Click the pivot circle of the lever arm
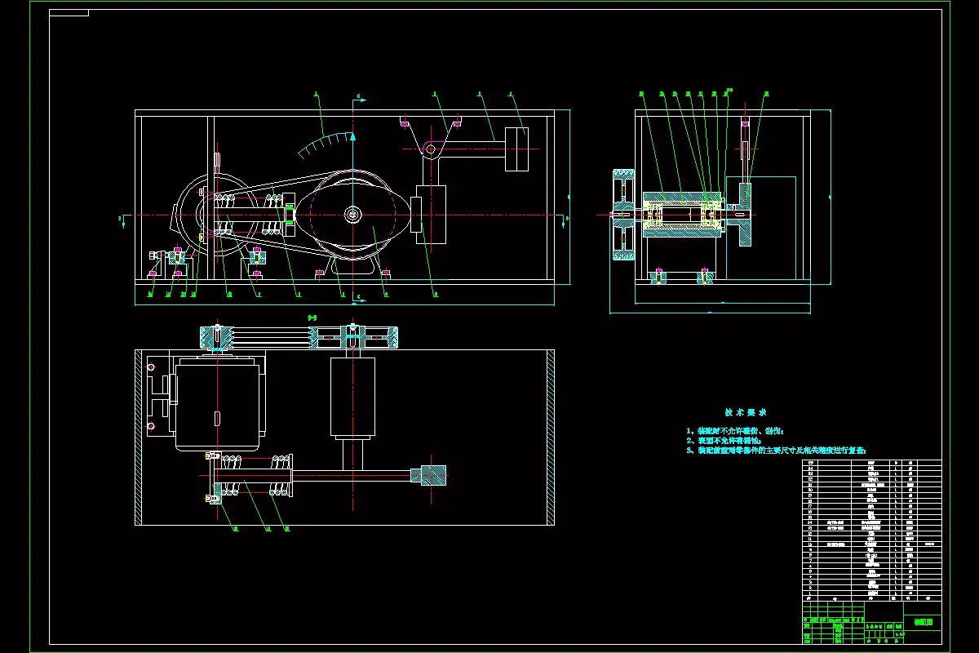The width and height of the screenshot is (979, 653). point(430,149)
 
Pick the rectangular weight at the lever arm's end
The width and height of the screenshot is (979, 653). point(516,149)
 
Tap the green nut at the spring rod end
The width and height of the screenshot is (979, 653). point(289,215)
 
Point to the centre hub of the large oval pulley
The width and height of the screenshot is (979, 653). point(352,215)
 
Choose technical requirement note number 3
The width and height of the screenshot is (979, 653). point(775,450)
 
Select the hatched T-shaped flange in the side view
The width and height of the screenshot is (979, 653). point(744,214)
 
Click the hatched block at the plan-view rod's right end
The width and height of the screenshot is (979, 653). point(433,476)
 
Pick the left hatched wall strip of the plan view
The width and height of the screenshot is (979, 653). point(139,437)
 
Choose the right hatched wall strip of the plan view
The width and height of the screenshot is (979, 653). point(551,437)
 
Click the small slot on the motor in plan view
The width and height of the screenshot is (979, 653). point(217,418)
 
